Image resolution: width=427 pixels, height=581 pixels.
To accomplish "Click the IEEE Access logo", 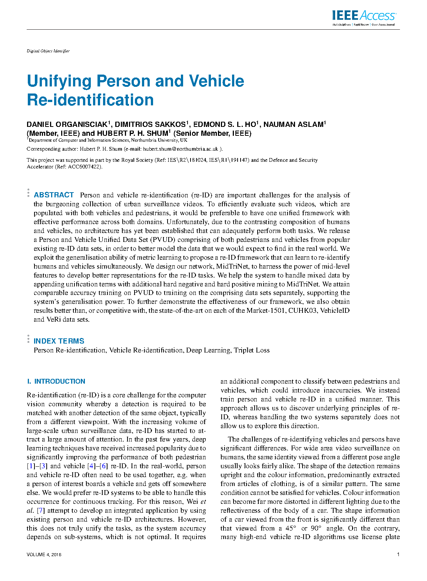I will tap(364, 17).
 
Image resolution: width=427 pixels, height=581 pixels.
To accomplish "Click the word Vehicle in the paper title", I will tap(216, 81).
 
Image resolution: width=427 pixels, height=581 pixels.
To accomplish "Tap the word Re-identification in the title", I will tap(90, 100).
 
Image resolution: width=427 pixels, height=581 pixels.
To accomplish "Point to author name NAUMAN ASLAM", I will tap(294, 125).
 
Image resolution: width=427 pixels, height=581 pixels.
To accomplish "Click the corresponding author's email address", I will tap(181, 149).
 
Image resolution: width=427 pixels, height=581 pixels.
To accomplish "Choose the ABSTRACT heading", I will tap(54, 195).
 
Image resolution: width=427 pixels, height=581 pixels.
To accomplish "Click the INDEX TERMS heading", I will tap(59, 341).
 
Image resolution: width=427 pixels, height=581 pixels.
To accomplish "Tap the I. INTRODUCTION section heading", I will tap(56, 381).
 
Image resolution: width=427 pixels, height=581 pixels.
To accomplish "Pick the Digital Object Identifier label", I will tap(48, 51).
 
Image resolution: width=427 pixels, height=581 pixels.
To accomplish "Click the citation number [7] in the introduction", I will tap(40, 511).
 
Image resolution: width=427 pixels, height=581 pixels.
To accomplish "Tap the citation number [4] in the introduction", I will tap(91, 466).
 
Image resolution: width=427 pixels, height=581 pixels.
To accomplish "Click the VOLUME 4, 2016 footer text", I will tap(44, 555).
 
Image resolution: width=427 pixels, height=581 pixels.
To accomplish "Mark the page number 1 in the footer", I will tap(398, 555).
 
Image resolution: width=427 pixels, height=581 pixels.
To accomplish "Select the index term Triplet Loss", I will tap(252, 350).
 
